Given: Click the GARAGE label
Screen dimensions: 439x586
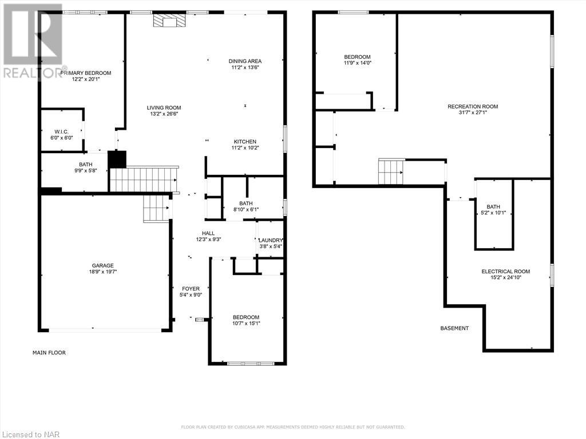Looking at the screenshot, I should pos(103,265).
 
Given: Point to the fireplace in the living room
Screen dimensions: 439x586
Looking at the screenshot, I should pos(169,21).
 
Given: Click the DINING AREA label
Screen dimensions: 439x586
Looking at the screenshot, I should pos(245,61).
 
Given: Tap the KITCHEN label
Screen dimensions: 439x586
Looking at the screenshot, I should pos(245,142).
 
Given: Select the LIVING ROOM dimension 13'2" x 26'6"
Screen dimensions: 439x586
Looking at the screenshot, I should pos(164,114).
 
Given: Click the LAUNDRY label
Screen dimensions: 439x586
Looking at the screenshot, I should pos(270,240).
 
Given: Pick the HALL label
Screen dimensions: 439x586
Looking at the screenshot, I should pos(208,233).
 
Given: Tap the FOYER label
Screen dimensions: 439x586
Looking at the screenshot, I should pos(191,289).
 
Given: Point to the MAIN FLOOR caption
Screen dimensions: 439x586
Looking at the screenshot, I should pos(49,353).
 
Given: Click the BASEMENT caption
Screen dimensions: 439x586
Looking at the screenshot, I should pos(454,328).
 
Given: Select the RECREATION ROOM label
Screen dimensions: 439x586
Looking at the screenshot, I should pos(473,106).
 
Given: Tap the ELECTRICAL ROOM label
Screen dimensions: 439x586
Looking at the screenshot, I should pos(505,272).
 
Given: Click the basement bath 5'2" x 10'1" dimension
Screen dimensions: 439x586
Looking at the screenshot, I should pos(493,213).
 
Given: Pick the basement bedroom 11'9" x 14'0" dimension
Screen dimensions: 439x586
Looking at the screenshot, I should pos(357,63).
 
